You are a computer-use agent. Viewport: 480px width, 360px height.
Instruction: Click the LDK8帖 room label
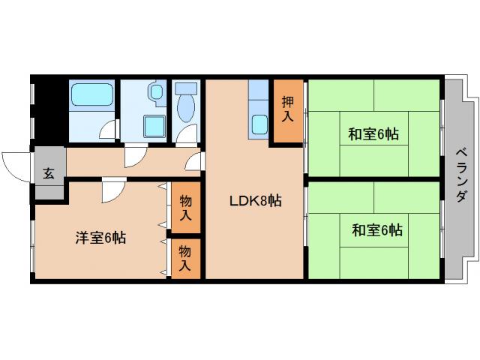[x=255, y=200]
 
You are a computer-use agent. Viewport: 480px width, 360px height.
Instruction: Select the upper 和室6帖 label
[x=373, y=134]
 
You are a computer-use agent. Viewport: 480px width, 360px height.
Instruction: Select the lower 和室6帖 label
[x=376, y=229]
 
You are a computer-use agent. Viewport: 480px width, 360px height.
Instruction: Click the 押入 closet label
[x=288, y=110]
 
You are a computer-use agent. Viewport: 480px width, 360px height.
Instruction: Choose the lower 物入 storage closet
[x=186, y=259]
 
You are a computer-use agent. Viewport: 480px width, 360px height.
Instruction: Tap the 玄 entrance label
[x=49, y=174]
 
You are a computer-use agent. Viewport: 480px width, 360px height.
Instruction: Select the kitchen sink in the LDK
[x=260, y=122]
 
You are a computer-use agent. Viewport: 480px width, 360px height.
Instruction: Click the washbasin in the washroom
[x=155, y=92]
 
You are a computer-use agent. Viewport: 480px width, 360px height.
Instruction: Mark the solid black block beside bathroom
[x=49, y=109]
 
